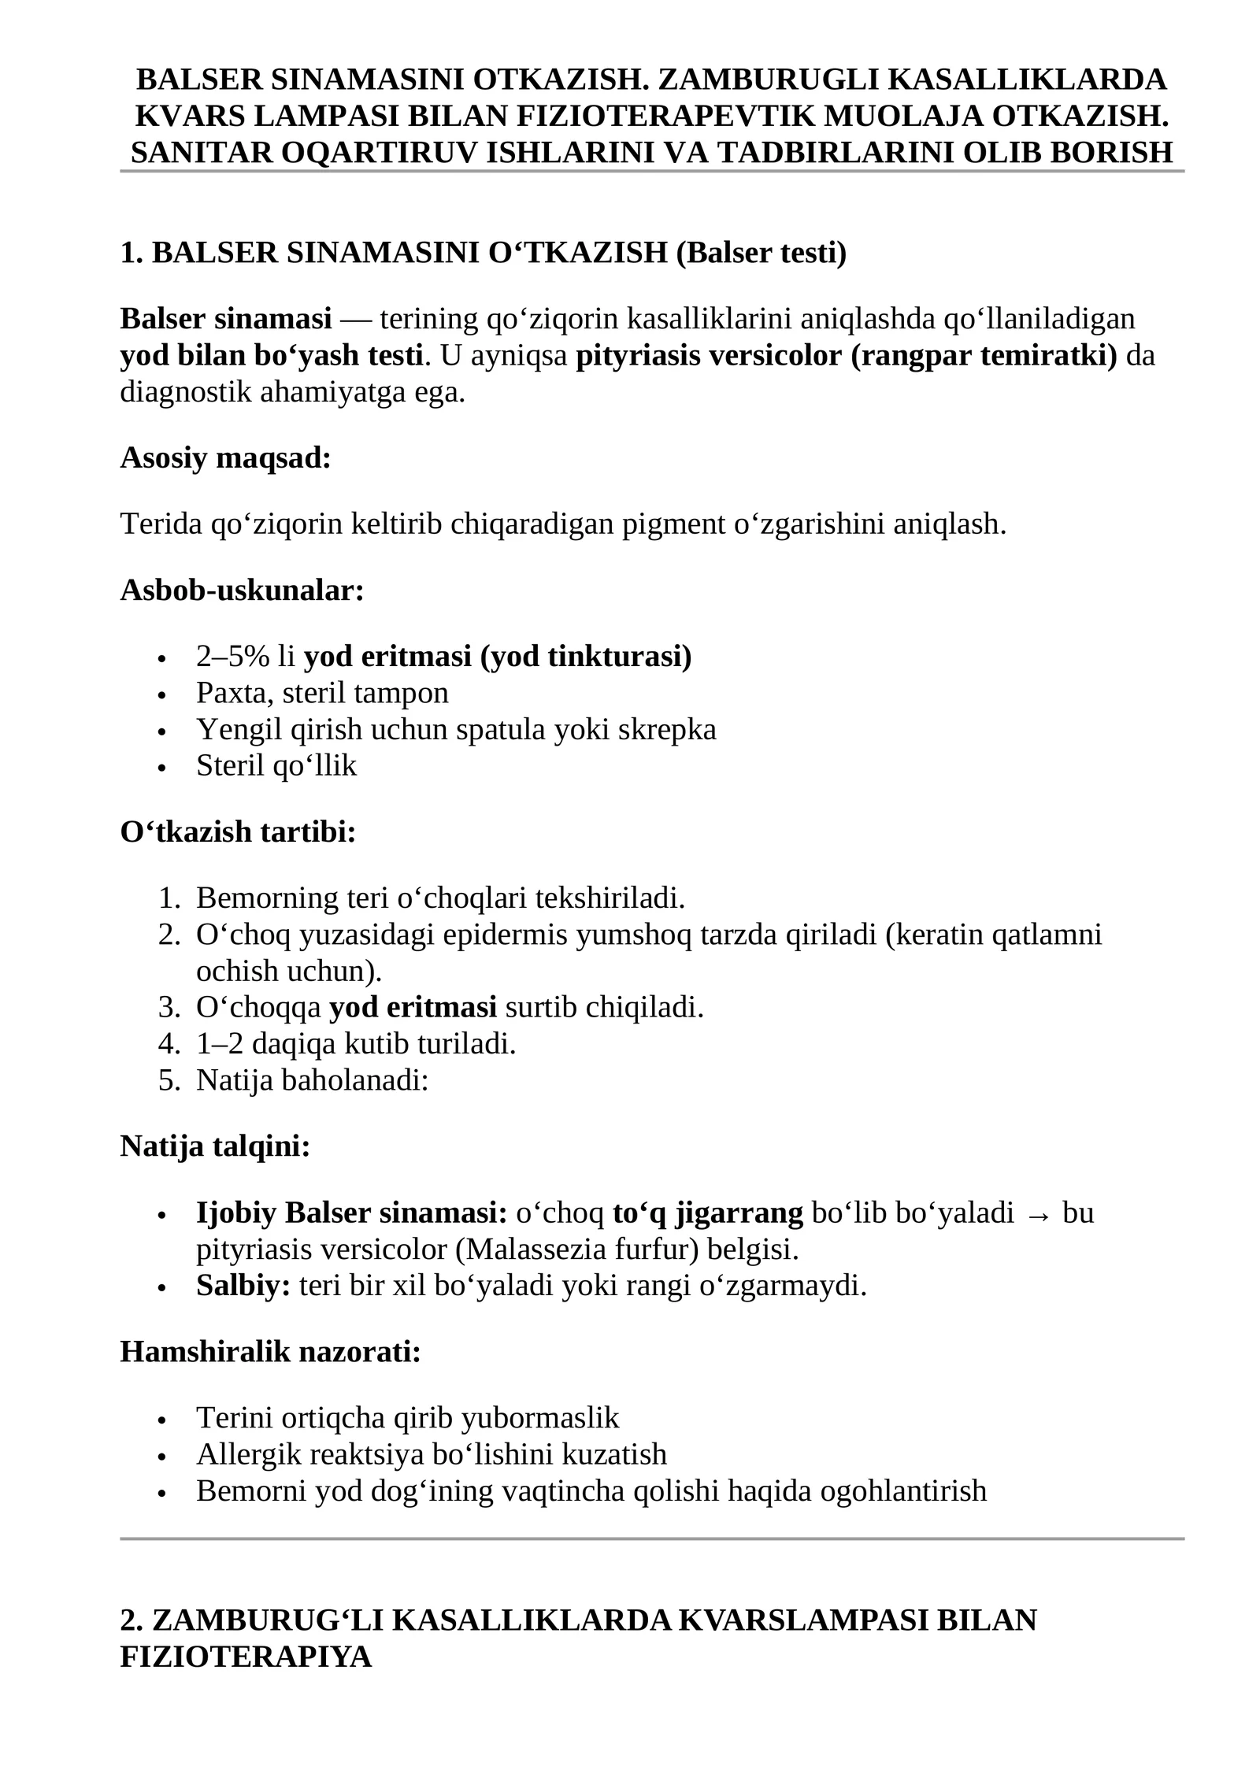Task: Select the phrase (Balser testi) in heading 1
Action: [761, 253]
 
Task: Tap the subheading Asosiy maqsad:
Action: [225, 457]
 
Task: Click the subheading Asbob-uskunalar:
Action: [242, 590]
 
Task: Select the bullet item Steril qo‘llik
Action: [276, 765]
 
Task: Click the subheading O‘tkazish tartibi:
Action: [238, 831]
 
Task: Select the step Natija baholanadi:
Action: [312, 1080]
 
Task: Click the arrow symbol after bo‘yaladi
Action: [1038, 1214]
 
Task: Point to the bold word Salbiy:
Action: [243, 1286]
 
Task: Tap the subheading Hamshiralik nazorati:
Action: [270, 1352]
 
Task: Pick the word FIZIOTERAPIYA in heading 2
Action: [246, 1657]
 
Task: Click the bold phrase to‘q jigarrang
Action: [707, 1213]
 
